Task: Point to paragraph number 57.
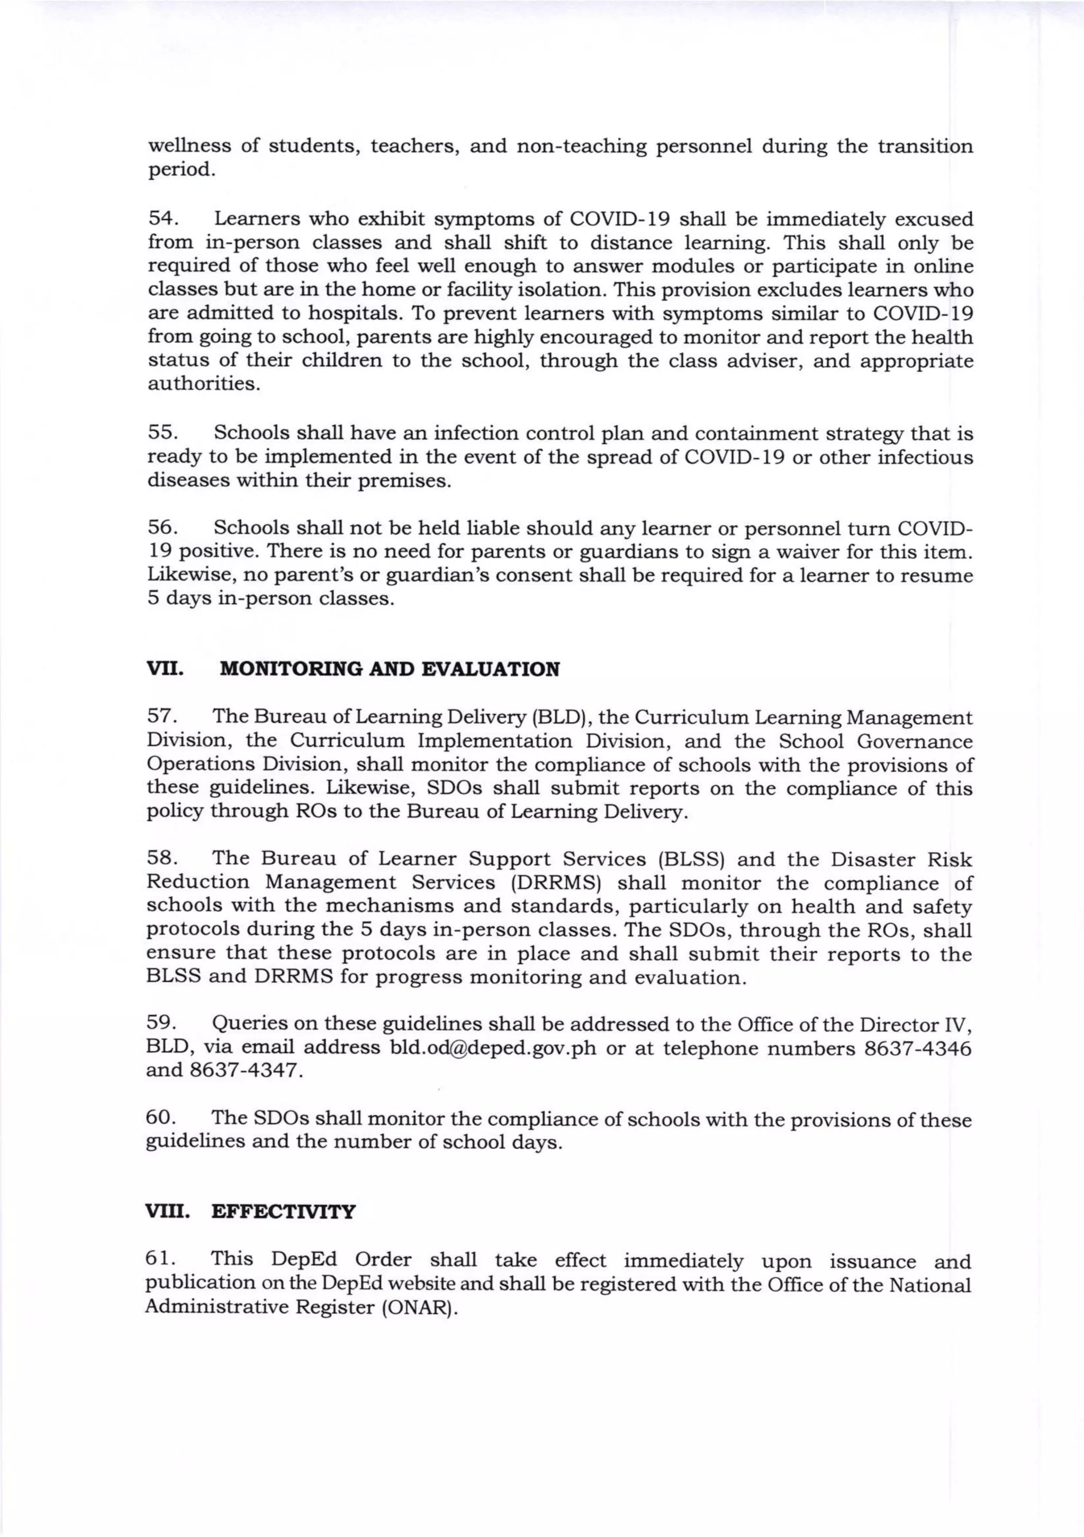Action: pyautogui.click(x=161, y=717)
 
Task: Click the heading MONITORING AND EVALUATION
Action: pyautogui.click(x=389, y=669)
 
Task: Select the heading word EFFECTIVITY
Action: pyautogui.click(x=283, y=1212)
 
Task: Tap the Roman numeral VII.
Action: pyautogui.click(x=165, y=669)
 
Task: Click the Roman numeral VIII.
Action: pyautogui.click(x=167, y=1212)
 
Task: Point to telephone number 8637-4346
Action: pyautogui.click(x=917, y=1048)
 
